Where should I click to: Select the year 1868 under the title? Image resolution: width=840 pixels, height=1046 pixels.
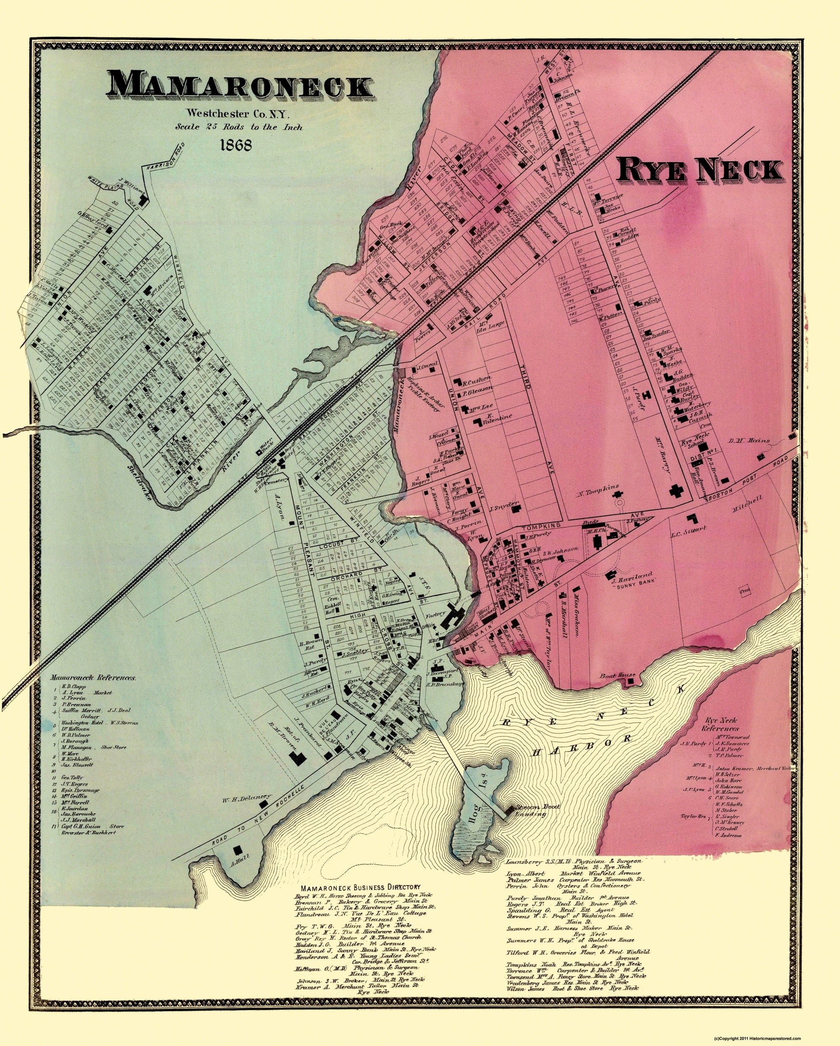pyautogui.click(x=236, y=145)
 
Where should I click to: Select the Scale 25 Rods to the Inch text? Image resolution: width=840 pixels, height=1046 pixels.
pyautogui.click(x=239, y=127)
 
